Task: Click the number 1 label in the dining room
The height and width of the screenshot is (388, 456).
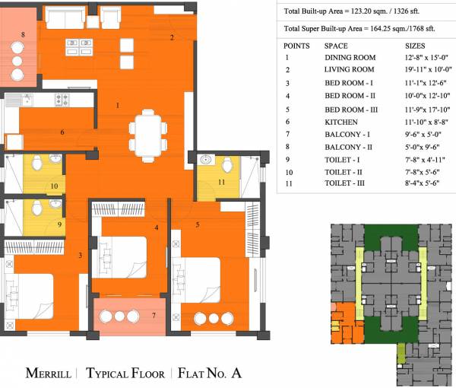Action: tap(117, 105)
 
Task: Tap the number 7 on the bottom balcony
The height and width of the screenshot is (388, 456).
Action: tap(153, 316)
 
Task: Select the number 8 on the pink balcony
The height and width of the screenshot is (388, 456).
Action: tap(23, 35)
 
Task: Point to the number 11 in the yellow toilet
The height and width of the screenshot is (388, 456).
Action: tap(221, 183)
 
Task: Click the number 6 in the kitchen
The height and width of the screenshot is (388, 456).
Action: tap(62, 132)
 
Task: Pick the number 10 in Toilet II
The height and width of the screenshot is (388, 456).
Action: tap(54, 186)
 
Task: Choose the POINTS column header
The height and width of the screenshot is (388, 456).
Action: tap(296, 45)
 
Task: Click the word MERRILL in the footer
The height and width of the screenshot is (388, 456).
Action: tap(49, 374)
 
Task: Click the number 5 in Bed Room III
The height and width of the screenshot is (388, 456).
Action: tap(198, 225)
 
